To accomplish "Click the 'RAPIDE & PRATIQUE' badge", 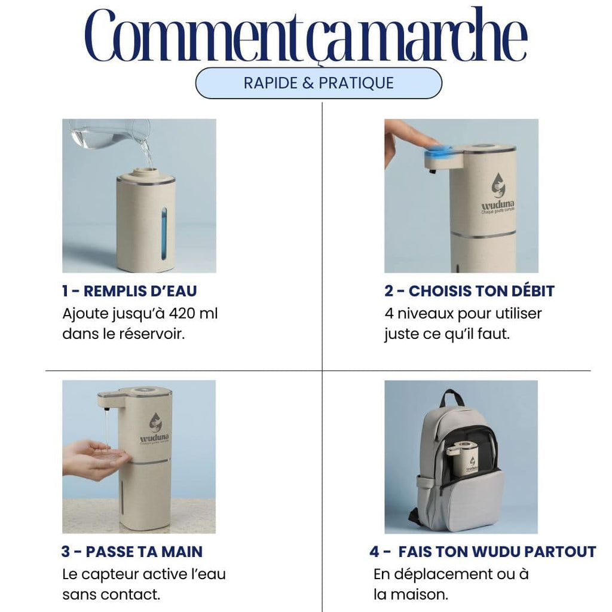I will [x=319, y=83].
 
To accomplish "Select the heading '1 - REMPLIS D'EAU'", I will [x=130, y=291].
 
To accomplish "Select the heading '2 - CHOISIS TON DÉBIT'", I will [x=469, y=291].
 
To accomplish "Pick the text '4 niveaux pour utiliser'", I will [x=463, y=313].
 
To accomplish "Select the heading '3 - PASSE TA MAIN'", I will [x=131, y=552].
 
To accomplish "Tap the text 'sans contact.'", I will [x=111, y=595].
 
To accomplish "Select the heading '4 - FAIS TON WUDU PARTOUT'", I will [x=482, y=552].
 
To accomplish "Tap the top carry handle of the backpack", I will [x=452, y=399].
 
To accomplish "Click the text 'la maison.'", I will [x=411, y=595].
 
